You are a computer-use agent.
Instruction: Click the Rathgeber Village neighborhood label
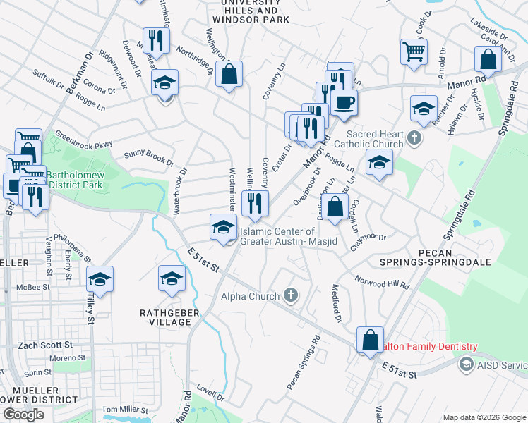point(165,317)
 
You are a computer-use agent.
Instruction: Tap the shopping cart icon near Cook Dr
point(414,50)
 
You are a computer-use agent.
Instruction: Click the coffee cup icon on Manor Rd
point(344,102)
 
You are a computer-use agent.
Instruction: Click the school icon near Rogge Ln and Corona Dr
point(164,84)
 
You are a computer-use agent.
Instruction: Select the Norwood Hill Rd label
point(382,282)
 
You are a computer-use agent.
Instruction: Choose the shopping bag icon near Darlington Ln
point(336,207)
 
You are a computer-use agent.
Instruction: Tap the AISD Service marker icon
point(466,364)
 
